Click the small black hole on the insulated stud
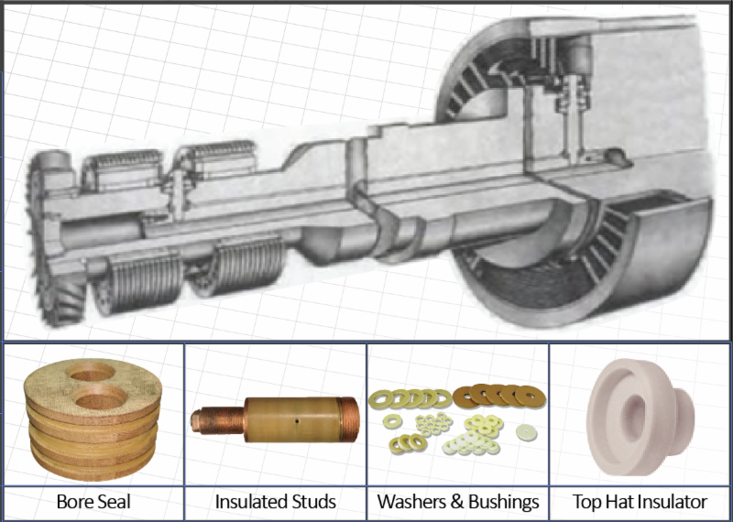tap(297, 420)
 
